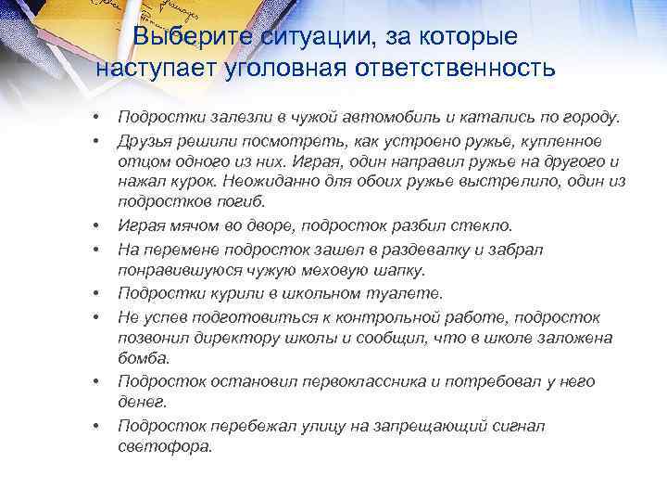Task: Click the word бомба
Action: click(143, 358)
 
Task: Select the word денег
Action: click(139, 402)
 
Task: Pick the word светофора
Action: click(165, 446)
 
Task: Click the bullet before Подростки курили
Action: click(95, 294)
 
